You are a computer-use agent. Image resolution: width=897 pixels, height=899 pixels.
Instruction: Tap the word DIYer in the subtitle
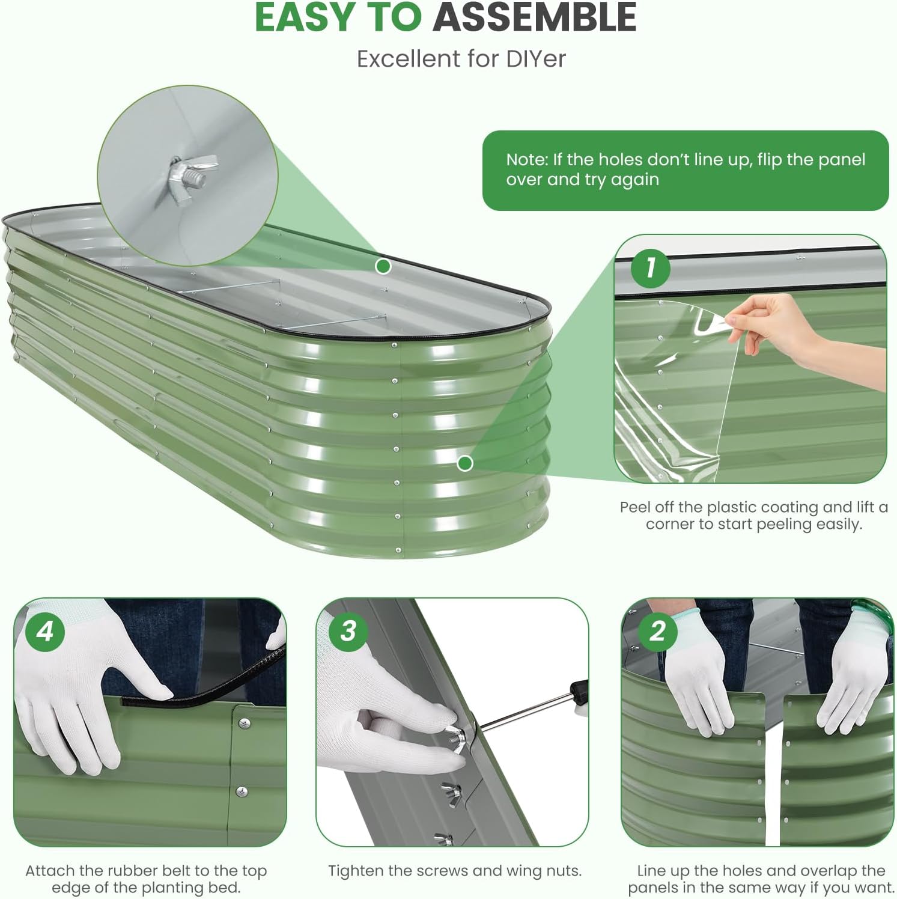(x=535, y=59)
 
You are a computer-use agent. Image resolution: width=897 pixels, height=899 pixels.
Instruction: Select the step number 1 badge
(x=650, y=267)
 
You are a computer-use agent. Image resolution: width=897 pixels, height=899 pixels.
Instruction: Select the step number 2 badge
(x=657, y=631)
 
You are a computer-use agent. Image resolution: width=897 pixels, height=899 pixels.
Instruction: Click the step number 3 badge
(x=348, y=631)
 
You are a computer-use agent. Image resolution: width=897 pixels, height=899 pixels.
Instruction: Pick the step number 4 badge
(x=45, y=631)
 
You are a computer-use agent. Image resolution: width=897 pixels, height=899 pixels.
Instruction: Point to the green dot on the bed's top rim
(x=383, y=266)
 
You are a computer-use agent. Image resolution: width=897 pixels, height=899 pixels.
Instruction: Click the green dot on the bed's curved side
(x=465, y=463)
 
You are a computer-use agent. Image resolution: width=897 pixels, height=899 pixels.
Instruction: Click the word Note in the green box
(x=526, y=159)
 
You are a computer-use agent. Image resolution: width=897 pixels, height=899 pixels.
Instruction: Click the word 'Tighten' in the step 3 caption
(x=356, y=871)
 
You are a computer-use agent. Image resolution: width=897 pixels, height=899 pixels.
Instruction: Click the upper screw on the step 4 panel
(x=244, y=724)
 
